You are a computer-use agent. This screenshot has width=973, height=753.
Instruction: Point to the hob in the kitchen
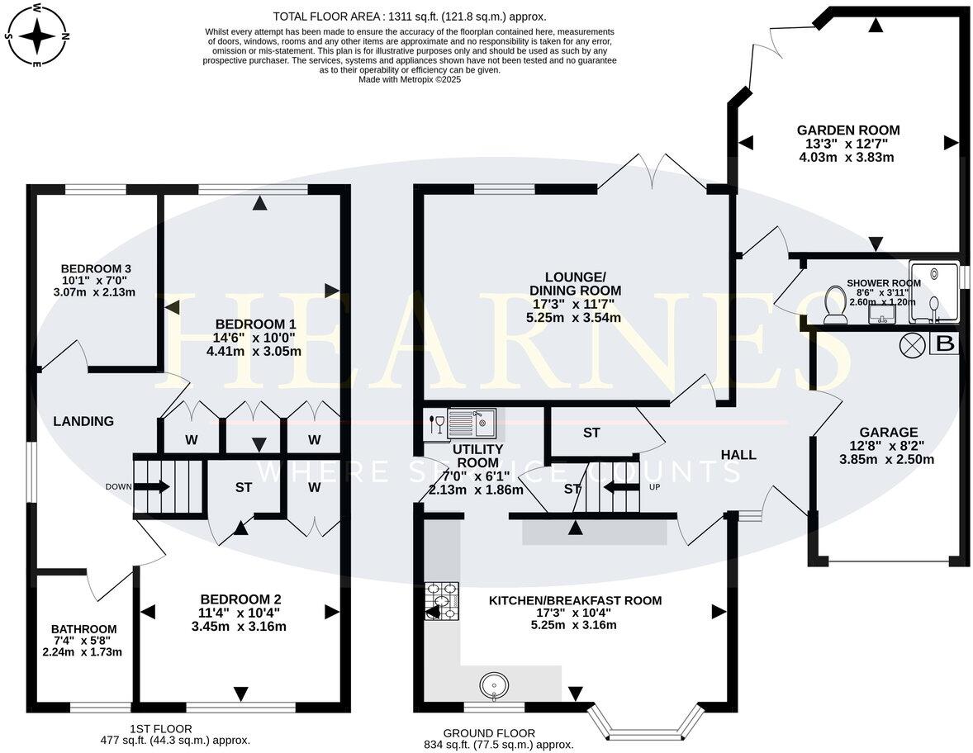(440, 600)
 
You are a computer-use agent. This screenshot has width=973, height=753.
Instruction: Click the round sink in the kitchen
(494, 684)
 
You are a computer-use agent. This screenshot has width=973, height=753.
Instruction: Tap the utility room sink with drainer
(471, 423)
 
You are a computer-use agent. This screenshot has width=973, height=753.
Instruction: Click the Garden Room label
(847, 130)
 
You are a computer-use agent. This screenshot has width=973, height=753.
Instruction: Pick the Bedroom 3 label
(96, 268)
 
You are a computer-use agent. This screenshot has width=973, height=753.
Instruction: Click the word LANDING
(83, 421)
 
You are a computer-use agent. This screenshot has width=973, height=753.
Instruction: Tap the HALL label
(738, 454)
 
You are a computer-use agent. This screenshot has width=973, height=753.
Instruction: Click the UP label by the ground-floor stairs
(654, 487)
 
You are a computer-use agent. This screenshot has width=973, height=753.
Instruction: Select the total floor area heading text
(410, 17)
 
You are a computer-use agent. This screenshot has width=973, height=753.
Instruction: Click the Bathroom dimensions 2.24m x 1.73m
(82, 651)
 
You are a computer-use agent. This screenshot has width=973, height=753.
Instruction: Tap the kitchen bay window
(646, 727)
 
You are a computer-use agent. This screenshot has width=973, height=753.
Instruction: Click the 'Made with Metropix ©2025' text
(410, 80)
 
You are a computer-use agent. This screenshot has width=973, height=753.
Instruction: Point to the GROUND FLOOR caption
(489, 732)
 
